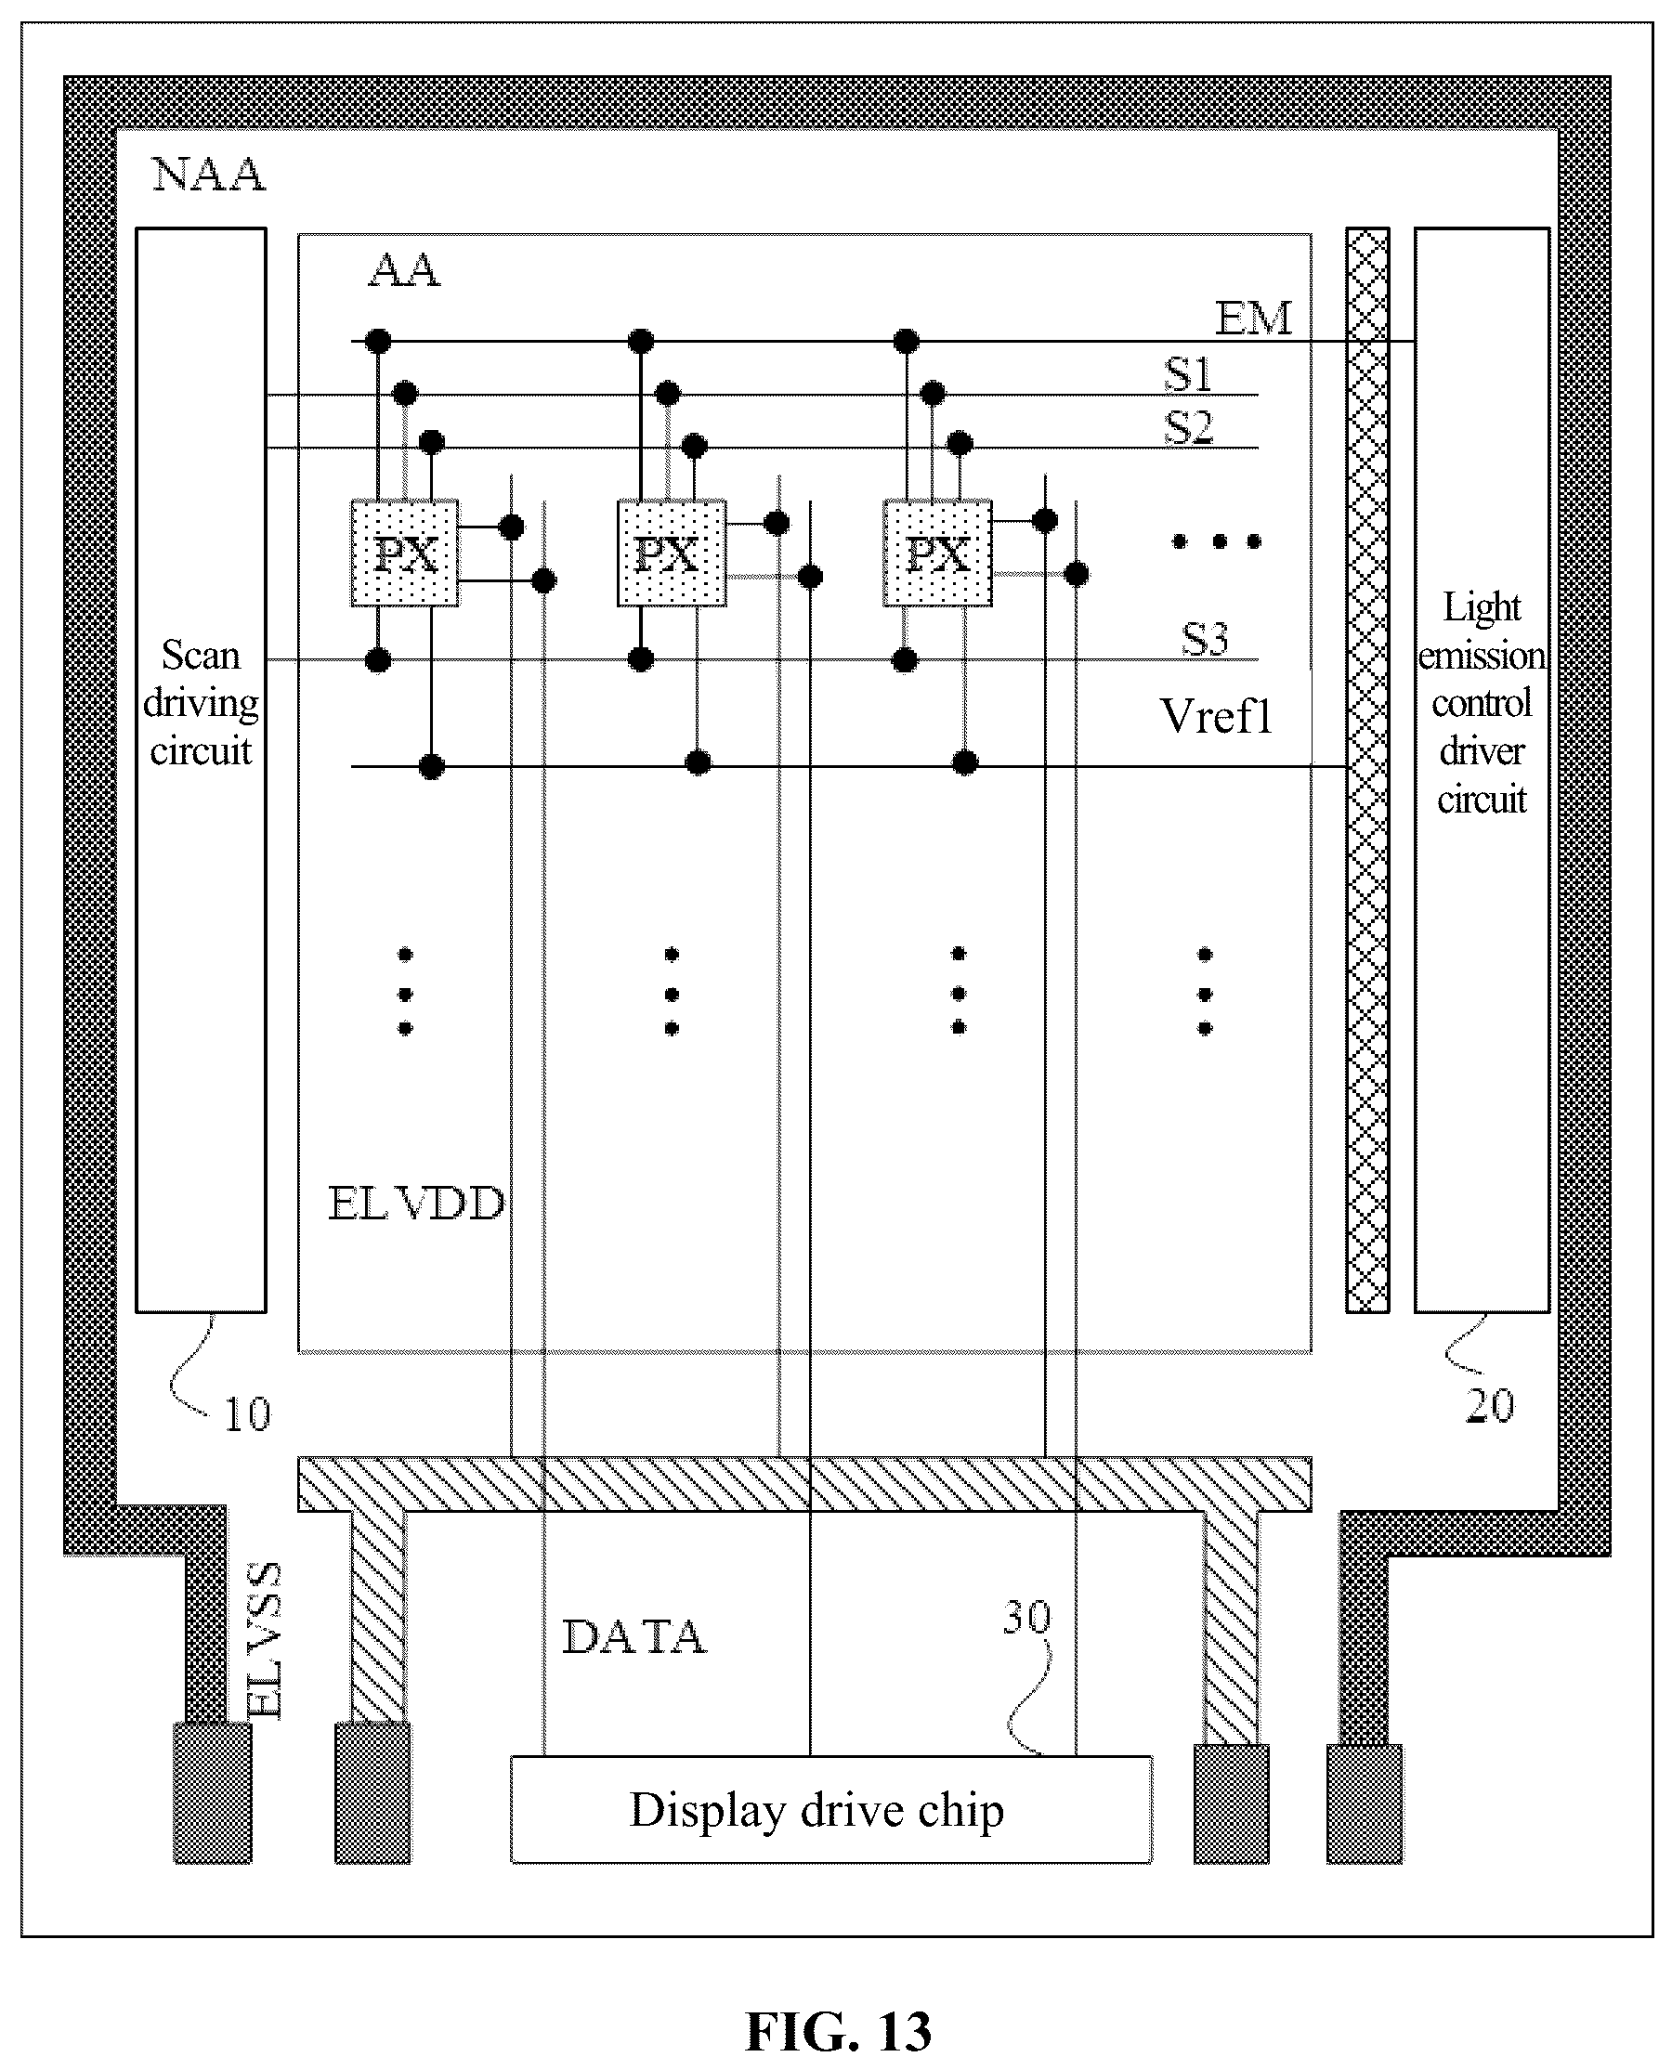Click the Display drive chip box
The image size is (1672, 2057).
[830, 1809]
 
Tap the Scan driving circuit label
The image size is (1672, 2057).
[201, 703]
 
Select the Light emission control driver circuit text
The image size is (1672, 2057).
[1482, 703]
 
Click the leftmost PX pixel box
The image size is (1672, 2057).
[404, 553]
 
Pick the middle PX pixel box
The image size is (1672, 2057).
[672, 553]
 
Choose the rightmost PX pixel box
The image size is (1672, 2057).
[938, 553]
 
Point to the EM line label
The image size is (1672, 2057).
[1253, 318]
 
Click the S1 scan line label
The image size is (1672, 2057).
[1187, 373]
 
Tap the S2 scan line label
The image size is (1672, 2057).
[1188, 426]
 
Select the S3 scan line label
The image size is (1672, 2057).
[1205, 639]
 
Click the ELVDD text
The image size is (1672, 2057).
[416, 1203]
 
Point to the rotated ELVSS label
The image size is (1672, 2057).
[264, 1640]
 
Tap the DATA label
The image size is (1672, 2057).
[634, 1636]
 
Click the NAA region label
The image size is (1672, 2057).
[208, 175]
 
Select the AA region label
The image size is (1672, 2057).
[404, 269]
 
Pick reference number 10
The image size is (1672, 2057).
[247, 1414]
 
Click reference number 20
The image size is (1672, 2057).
[1490, 1406]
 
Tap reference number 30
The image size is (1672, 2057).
[1026, 1617]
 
